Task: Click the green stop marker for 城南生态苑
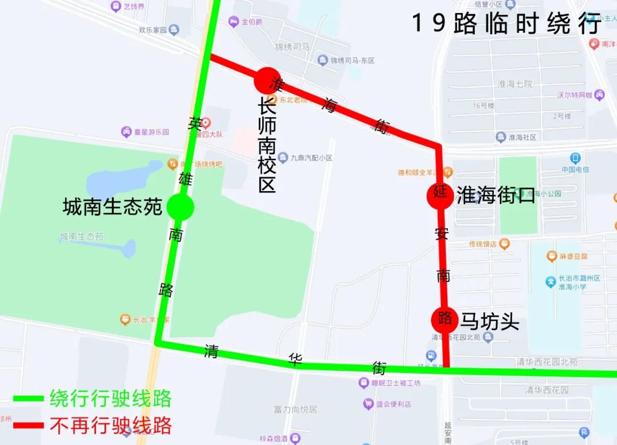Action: (x=181, y=207)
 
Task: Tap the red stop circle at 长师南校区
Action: (x=267, y=81)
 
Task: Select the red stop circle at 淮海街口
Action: (x=440, y=195)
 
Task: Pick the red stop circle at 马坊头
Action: (x=444, y=320)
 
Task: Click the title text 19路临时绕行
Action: (x=506, y=24)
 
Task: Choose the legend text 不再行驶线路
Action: (x=110, y=425)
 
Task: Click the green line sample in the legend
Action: (x=29, y=399)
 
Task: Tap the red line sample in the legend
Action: (x=29, y=426)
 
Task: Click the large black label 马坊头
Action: (x=490, y=321)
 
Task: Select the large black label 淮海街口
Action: (x=496, y=195)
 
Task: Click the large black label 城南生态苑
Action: (x=113, y=207)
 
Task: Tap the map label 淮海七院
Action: (x=515, y=84)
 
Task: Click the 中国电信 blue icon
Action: (x=575, y=158)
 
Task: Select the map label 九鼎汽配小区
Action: (x=311, y=157)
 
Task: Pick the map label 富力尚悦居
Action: (x=295, y=410)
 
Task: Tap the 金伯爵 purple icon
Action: (x=233, y=22)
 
